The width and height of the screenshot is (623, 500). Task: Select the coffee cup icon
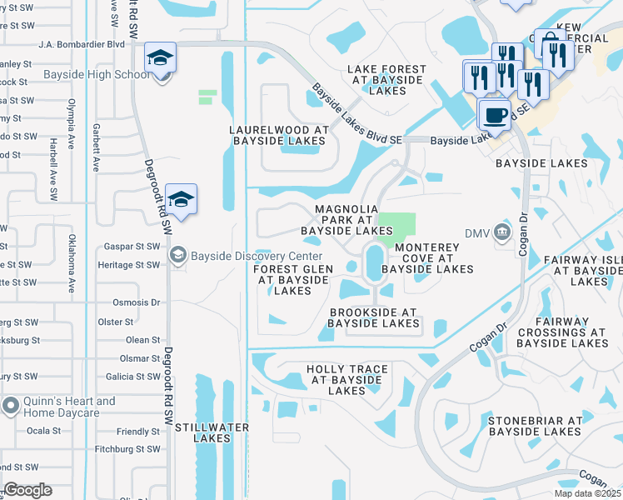495,115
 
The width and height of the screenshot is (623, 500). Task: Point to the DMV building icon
502,231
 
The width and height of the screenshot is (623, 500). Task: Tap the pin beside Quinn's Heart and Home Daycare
11,407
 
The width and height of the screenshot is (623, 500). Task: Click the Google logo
27,490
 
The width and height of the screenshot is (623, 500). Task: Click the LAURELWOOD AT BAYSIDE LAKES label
280,136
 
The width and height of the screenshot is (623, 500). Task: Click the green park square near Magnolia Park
402,225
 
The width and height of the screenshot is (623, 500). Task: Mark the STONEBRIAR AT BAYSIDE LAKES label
535,426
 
